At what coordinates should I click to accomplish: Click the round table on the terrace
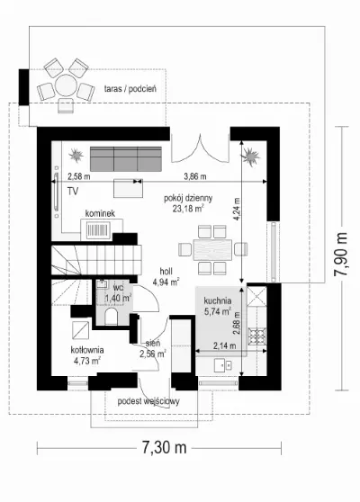[66, 85]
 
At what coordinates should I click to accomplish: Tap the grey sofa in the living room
[126, 159]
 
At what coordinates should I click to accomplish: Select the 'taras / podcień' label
[130, 89]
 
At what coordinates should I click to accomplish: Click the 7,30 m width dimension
[164, 448]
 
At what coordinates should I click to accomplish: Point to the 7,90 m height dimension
[341, 258]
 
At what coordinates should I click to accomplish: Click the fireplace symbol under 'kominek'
[99, 229]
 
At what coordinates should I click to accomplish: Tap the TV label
[73, 192]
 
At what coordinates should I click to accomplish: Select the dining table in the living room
[212, 250]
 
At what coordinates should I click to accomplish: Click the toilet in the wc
[112, 316]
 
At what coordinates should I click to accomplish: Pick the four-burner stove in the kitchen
[257, 336]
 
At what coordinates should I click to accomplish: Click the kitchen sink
[223, 365]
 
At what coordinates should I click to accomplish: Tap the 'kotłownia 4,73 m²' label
[87, 355]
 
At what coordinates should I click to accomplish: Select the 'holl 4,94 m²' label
[166, 277]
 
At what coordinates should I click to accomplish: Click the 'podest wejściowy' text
[148, 401]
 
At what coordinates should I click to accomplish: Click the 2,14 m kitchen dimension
[224, 345]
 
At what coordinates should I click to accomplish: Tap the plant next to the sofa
[76, 156]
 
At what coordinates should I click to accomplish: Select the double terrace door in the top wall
[200, 148]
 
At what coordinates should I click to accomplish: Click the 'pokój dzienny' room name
[188, 199]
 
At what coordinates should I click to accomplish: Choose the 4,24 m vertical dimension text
[237, 210]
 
